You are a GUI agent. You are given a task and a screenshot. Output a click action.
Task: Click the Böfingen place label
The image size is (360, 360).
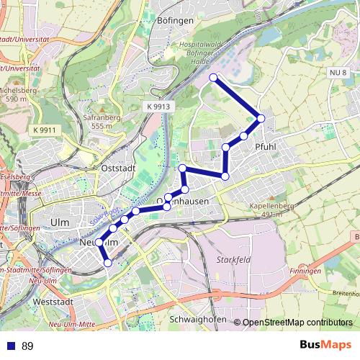(175, 21)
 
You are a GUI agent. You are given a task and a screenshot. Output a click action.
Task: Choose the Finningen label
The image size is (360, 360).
(305, 271)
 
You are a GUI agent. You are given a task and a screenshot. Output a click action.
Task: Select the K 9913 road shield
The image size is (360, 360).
(158, 106)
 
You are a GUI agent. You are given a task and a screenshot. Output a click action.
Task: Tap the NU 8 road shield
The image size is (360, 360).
(338, 73)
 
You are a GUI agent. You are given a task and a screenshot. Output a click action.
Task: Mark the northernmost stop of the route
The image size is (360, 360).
(213, 77)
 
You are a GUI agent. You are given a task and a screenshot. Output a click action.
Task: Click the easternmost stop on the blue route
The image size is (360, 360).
(261, 118)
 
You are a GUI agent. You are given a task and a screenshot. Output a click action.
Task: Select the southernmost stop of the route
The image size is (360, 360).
(108, 264)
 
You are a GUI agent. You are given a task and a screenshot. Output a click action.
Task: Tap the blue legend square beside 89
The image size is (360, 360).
(9, 346)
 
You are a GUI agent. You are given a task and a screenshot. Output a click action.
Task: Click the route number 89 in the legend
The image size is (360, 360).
(27, 346)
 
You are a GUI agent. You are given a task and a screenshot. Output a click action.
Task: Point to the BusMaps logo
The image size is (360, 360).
(326, 345)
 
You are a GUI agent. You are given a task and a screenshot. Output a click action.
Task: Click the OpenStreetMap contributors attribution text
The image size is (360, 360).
(297, 323)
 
